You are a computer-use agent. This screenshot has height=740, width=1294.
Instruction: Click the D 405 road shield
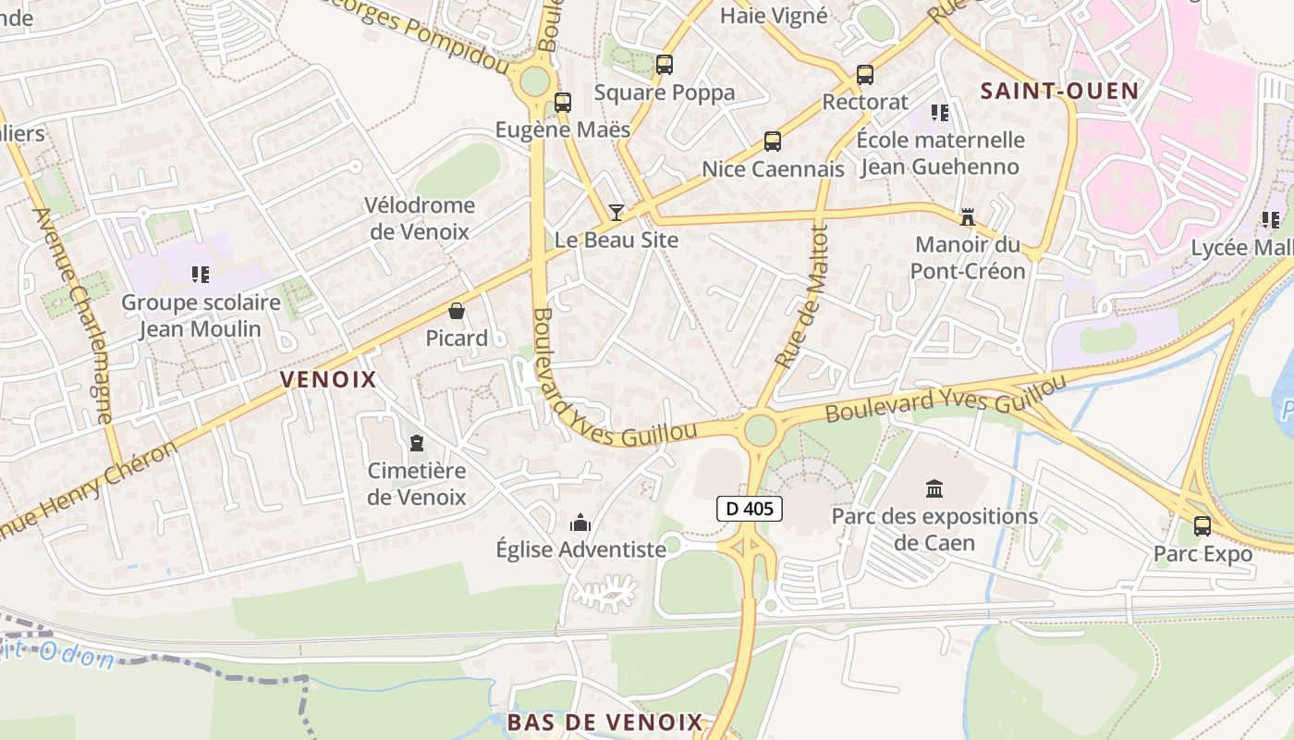750,508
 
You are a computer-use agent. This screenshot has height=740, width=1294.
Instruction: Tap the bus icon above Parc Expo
1202,526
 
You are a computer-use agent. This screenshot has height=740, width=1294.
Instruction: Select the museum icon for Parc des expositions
934,488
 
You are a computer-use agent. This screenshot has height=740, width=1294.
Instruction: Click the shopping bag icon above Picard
456,311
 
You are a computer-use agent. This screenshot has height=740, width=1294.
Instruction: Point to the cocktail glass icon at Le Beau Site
616,213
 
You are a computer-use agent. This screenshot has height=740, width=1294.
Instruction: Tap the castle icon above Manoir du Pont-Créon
968,217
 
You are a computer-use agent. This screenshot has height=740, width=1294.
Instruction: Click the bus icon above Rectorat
865,75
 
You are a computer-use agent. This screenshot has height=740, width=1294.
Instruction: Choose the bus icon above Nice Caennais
773,142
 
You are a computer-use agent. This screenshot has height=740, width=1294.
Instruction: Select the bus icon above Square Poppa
664,65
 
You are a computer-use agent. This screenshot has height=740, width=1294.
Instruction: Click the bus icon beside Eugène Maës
562,103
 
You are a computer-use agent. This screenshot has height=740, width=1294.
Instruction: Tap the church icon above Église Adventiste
580,523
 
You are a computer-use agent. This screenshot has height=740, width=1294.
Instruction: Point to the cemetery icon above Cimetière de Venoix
416,444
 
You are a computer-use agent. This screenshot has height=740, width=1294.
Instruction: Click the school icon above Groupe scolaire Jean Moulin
200,275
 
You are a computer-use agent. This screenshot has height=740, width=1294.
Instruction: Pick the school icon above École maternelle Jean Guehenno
940,113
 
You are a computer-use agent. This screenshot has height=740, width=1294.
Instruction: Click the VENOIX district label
328,379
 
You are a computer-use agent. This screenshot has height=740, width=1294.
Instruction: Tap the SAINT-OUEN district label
1059,91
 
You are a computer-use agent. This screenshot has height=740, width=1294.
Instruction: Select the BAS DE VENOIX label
605,721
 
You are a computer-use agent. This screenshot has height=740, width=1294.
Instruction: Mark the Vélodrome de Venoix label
420,218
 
